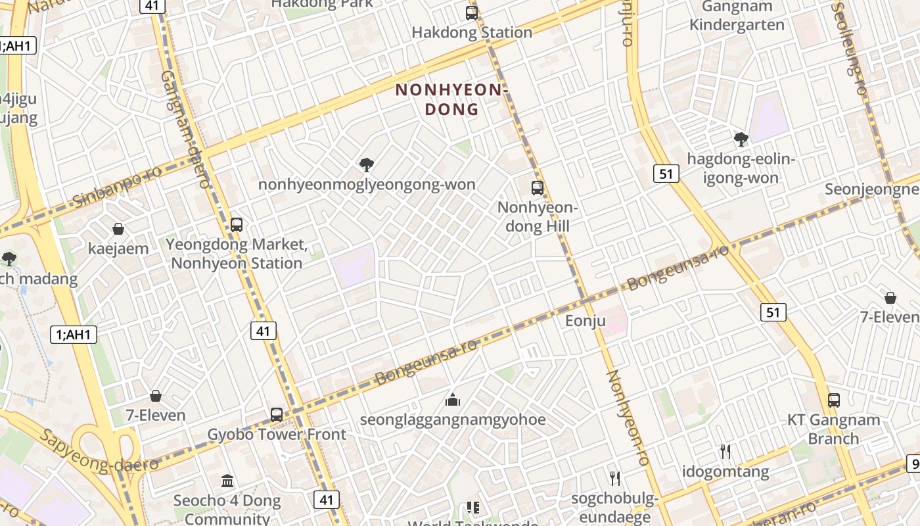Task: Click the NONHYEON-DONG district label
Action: [452, 99]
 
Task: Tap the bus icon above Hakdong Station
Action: [471, 12]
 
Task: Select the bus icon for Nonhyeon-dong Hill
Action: [538, 188]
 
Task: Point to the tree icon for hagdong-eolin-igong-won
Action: [741, 139]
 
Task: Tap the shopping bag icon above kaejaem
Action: [118, 229]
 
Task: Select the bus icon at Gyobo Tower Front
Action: [277, 415]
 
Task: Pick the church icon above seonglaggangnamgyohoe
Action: [452, 400]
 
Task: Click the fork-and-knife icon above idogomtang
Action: [725, 452]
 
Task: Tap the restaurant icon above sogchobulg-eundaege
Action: [615, 478]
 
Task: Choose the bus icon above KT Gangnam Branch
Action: [834, 400]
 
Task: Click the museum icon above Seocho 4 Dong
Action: [227, 481]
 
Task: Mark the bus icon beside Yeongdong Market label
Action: [237, 225]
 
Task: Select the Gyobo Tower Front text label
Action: [277, 435]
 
